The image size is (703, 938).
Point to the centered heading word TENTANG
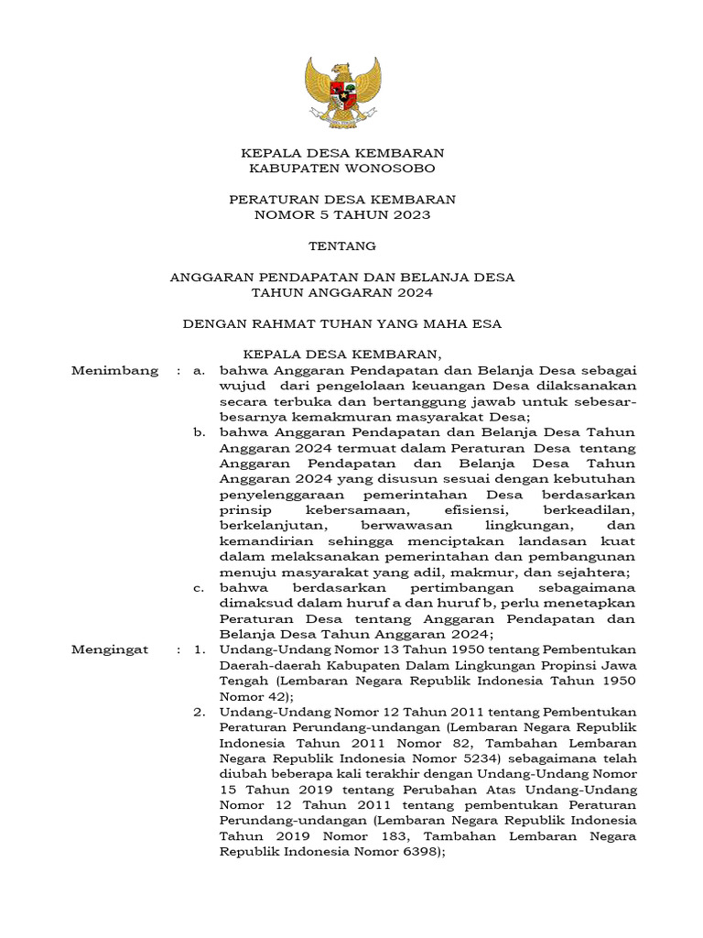coord(341,245)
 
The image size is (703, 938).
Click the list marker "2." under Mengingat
coord(199,711)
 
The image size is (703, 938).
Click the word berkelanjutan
coord(265,525)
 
